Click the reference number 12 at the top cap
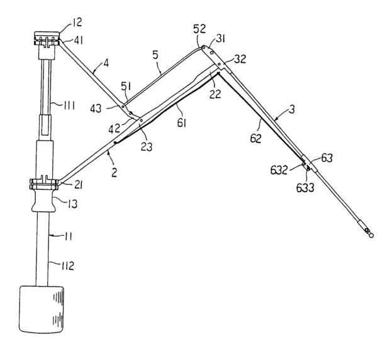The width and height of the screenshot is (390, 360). (x=77, y=23)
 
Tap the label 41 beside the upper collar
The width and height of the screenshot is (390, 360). (x=79, y=40)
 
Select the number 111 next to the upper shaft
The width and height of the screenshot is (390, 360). (x=69, y=106)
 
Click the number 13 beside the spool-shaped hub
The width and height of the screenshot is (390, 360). (x=72, y=204)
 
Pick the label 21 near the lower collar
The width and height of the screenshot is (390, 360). (x=78, y=185)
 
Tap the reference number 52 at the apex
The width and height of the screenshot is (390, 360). (x=200, y=29)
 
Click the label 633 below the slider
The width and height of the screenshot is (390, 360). (x=305, y=188)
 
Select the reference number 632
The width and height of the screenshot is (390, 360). (x=279, y=170)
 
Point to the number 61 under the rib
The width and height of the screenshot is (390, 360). (x=182, y=123)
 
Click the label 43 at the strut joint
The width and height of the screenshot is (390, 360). (x=96, y=109)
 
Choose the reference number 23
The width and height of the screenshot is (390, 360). (x=146, y=146)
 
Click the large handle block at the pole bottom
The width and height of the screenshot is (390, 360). (x=42, y=310)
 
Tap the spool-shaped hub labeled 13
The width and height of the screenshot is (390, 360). (x=43, y=200)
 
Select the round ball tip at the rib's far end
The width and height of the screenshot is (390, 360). (x=371, y=235)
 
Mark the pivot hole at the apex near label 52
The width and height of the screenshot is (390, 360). (x=203, y=47)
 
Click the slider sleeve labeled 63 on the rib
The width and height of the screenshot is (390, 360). (x=309, y=163)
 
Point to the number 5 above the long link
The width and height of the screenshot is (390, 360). (x=155, y=55)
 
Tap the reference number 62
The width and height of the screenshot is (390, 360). (x=256, y=138)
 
